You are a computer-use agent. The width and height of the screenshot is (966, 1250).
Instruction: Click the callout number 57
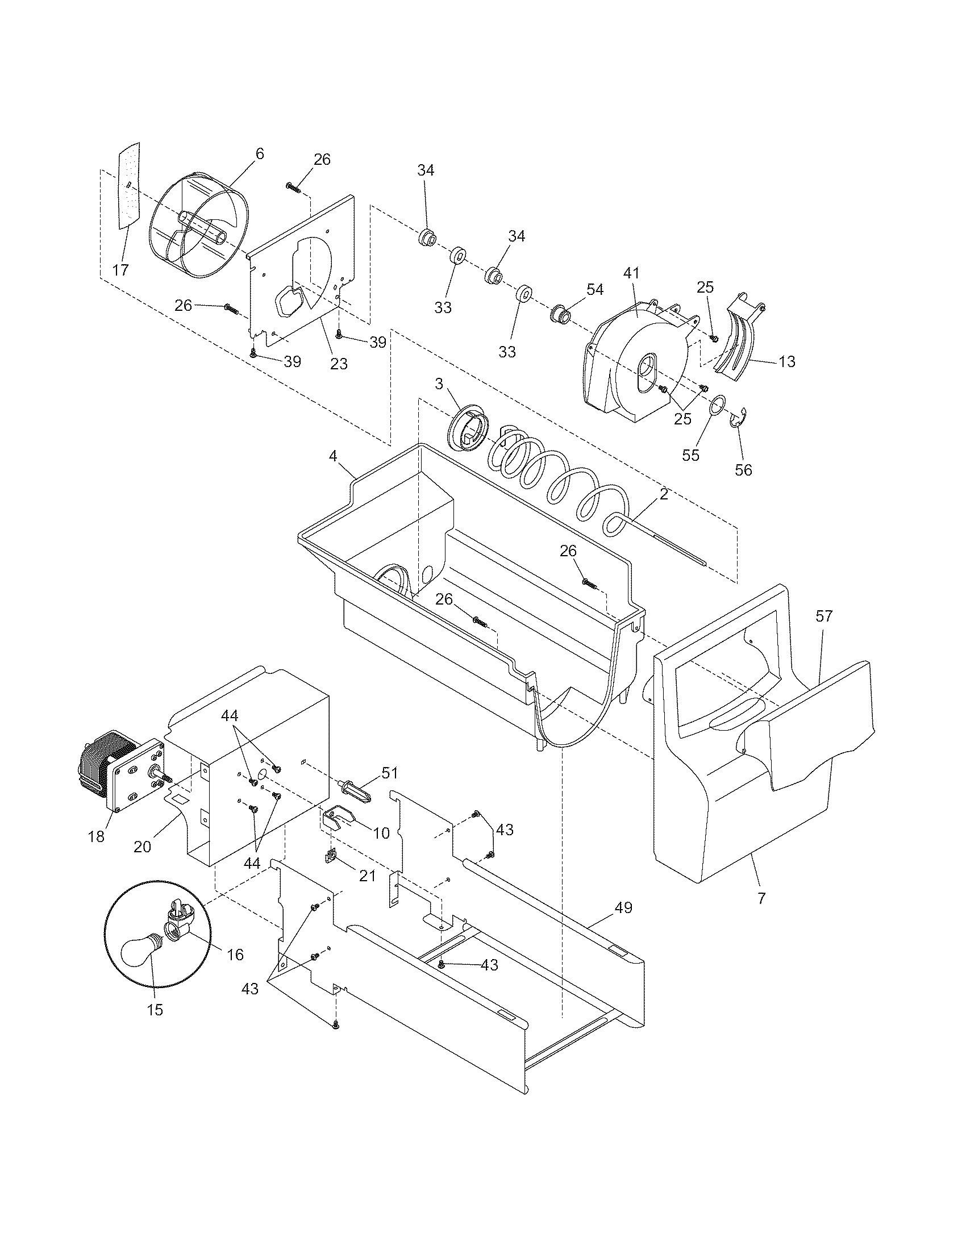pyautogui.click(x=824, y=616)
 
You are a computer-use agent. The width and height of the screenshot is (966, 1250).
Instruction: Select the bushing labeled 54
pyautogui.click(x=559, y=314)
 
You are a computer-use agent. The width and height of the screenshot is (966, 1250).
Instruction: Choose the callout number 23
pyautogui.click(x=339, y=364)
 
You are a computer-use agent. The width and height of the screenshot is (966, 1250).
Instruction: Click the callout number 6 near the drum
pyautogui.click(x=259, y=153)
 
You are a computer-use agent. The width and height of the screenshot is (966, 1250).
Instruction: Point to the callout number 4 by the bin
pyautogui.click(x=333, y=456)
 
